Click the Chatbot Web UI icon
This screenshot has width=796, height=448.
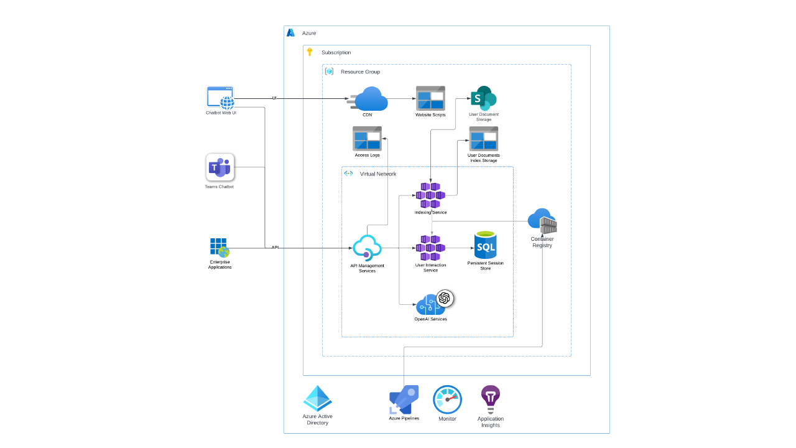click(x=220, y=98)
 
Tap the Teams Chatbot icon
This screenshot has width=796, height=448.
click(x=220, y=167)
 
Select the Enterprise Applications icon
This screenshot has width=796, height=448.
click(x=219, y=248)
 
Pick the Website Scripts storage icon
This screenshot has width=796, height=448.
click(x=430, y=98)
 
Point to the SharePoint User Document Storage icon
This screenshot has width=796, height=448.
click(x=483, y=98)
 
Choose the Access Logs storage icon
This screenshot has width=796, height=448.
click(x=367, y=138)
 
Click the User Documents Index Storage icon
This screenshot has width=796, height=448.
click(x=483, y=138)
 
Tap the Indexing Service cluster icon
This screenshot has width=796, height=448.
click(x=430, y=195)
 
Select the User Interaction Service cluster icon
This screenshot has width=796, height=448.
click(x=430, y=248)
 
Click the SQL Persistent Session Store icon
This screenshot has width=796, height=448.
click(x=485, y=246)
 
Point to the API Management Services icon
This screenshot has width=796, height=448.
click(x=367, y=248)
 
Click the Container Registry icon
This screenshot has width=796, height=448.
click(x=542, y=222)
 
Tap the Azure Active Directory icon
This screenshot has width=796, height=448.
click(x=317, y=399)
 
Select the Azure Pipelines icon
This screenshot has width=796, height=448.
click(x=404, y=399)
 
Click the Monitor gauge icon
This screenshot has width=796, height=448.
click(x=447, y=399)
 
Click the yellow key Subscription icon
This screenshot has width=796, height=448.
click(x=310, y=52)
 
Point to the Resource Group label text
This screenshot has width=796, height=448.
click(x=360, y=72)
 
